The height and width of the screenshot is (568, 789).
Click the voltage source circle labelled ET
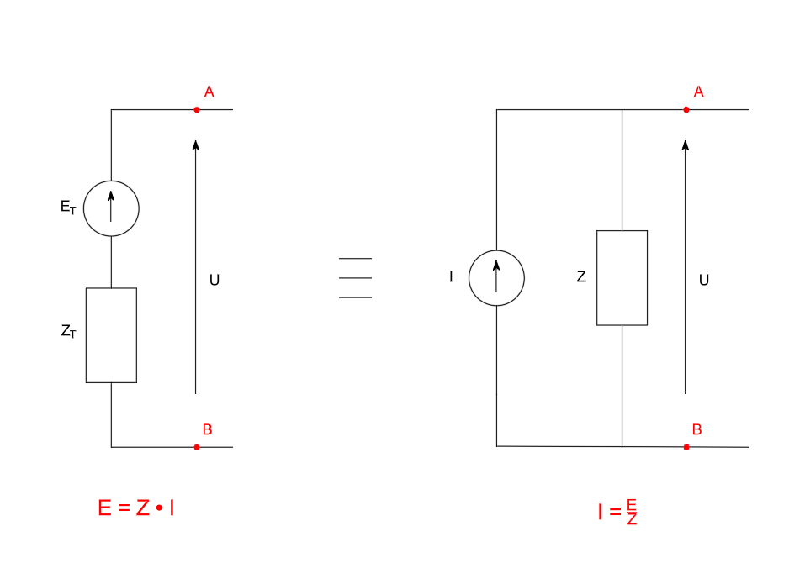(111, 208)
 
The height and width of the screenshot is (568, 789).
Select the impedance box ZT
(111, 335)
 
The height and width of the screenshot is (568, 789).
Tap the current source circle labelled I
(496, 277)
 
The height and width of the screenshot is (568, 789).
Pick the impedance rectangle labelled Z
(622, 277)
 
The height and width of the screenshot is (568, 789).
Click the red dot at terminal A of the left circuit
(197, 109)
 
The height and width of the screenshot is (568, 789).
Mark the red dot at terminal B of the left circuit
(197, 447)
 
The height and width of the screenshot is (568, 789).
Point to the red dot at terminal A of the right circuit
(686, 109)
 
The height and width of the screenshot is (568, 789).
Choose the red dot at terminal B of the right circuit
(686, 447)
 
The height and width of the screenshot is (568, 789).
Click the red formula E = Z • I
(136, 508)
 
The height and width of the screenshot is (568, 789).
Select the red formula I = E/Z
(618, 511)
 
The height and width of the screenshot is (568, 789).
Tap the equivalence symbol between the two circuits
(355, 278)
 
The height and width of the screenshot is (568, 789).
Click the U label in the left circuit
(214, 281)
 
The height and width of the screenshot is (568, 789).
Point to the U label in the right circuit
(704, 281)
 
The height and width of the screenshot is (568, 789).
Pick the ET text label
(68, 208)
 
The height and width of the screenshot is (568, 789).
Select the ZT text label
(69, 332)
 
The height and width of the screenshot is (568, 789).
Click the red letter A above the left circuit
(209, 92)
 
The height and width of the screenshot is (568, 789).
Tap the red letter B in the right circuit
(696, 430)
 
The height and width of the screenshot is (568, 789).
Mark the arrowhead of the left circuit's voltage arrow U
(196, 145)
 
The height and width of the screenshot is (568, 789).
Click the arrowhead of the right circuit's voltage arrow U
(686, 145)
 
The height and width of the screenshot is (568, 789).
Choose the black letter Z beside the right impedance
(581, 276)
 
